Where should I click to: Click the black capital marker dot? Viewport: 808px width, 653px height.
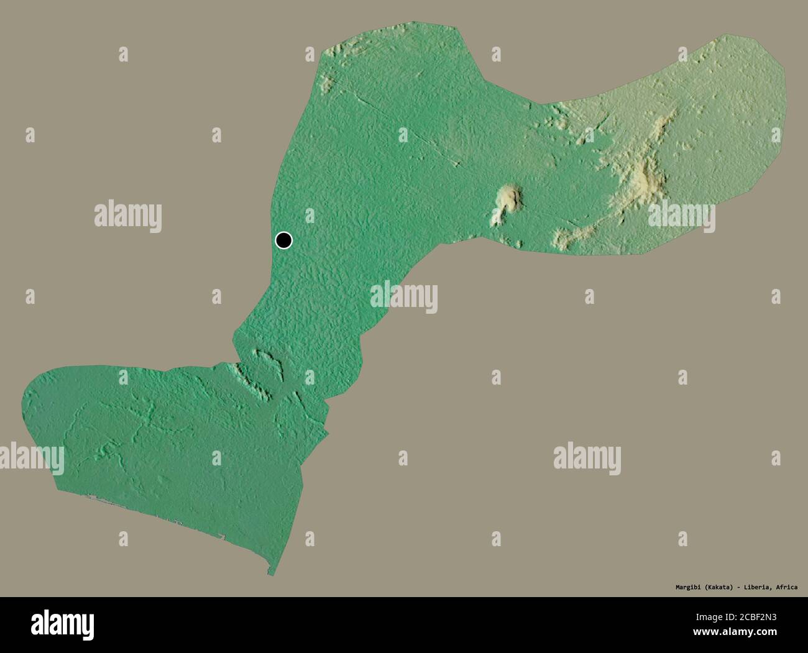[x=283, y=240]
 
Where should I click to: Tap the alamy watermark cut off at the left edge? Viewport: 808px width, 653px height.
[x=31, y=458]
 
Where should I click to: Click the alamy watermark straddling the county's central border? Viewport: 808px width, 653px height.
[x=404, y=296]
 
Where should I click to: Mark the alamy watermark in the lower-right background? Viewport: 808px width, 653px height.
[x=587, y=458]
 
